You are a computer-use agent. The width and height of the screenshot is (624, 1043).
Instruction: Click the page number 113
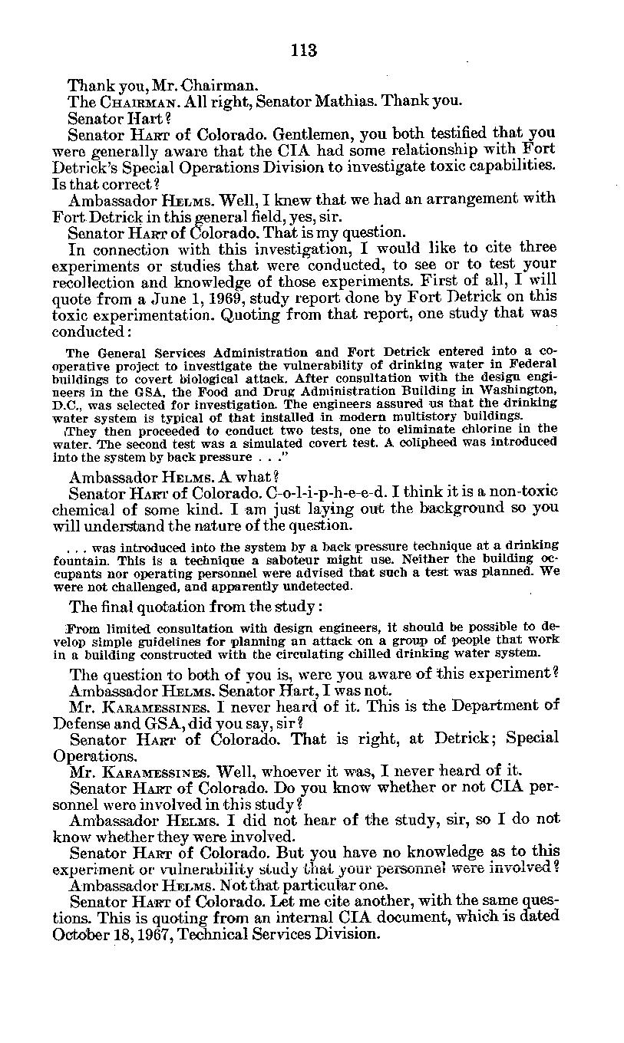click(304, 51)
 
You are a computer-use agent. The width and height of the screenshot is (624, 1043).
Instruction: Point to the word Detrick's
click(86, 166)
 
